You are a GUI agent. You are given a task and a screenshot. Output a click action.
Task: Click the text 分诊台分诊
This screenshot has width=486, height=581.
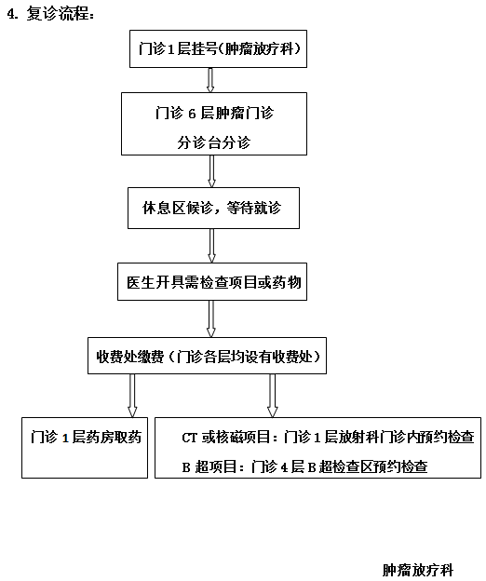214,143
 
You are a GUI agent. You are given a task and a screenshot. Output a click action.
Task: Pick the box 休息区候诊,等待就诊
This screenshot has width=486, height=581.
214,209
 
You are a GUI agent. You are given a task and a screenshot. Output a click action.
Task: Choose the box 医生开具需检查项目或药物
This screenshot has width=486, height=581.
214,280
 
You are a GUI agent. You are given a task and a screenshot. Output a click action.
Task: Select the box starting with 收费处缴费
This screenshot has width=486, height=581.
208,357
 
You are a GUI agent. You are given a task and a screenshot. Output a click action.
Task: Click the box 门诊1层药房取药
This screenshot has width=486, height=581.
85,437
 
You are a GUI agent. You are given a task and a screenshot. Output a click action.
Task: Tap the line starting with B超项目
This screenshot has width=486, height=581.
304,466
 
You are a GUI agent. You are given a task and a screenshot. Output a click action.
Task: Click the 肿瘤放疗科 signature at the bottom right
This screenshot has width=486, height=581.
416,568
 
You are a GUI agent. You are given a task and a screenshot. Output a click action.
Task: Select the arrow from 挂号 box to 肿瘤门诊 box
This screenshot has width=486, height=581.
210,79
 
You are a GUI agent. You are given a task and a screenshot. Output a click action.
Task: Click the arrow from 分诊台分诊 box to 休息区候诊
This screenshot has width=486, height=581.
212,170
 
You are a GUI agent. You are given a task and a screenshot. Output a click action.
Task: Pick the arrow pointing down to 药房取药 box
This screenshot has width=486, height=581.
131,395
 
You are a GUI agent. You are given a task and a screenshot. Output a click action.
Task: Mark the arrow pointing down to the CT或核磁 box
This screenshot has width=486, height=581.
272,395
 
